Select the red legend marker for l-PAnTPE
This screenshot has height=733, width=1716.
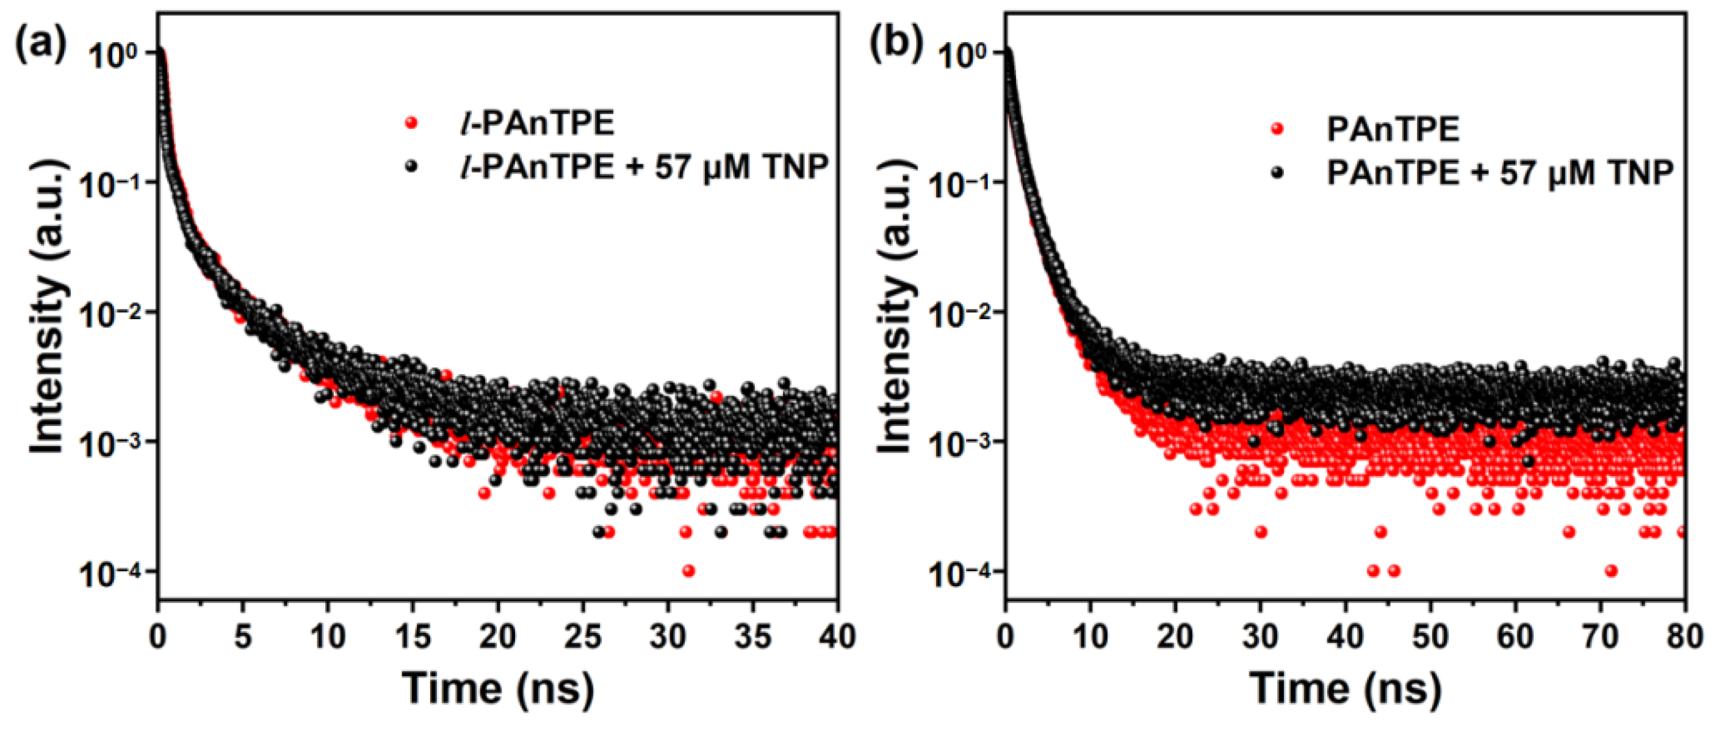click(x=412, y=123)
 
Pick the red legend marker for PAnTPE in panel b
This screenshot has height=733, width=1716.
click(x=1277, y=129)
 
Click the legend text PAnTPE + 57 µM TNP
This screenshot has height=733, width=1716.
click(x=1499, y=173)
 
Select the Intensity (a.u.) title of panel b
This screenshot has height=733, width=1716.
click(x=894, y=312)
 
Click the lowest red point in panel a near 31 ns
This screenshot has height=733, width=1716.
click(x=689, y=571)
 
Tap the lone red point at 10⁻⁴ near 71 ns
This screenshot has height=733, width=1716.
click(x=1612, y=571)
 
